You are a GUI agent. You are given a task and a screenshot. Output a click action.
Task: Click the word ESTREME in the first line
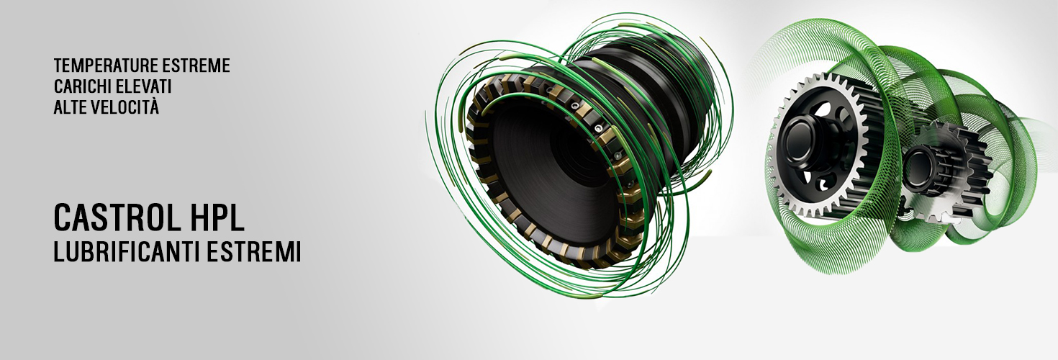pyautogui.click(x=196, y=66)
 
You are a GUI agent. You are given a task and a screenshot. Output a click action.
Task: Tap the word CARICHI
pyautogui.click(x=82, y=86)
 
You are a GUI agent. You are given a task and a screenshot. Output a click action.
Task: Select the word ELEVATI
pyautogui.click(x=144, y=86)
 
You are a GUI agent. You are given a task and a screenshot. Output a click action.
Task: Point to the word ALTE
pyautogui.click(x=70, y=107)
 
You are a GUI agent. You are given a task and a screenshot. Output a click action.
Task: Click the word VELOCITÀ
pyautogui.click(x=125, y=107)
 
